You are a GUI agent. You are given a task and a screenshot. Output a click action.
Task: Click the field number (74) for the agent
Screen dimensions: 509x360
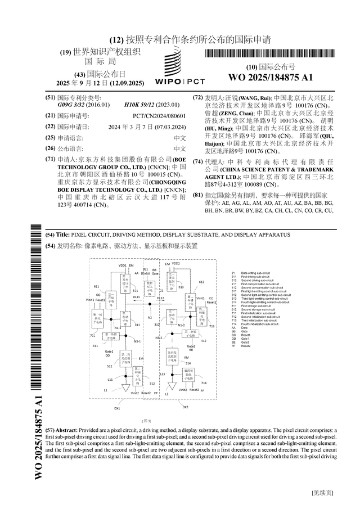(197, 161)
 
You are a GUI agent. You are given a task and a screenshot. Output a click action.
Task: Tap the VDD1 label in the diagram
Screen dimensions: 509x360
(122, 264)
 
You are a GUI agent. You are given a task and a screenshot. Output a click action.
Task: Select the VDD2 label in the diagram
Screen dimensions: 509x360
(175, 263)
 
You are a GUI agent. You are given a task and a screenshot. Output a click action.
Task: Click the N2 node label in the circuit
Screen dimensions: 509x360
(150, 318)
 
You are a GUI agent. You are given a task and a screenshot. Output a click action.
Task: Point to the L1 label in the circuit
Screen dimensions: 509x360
(105, 390)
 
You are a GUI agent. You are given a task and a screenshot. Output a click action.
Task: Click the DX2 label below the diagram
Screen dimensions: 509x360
(185, 407)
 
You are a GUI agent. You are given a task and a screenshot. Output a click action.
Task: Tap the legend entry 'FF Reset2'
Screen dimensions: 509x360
(242, 346)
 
